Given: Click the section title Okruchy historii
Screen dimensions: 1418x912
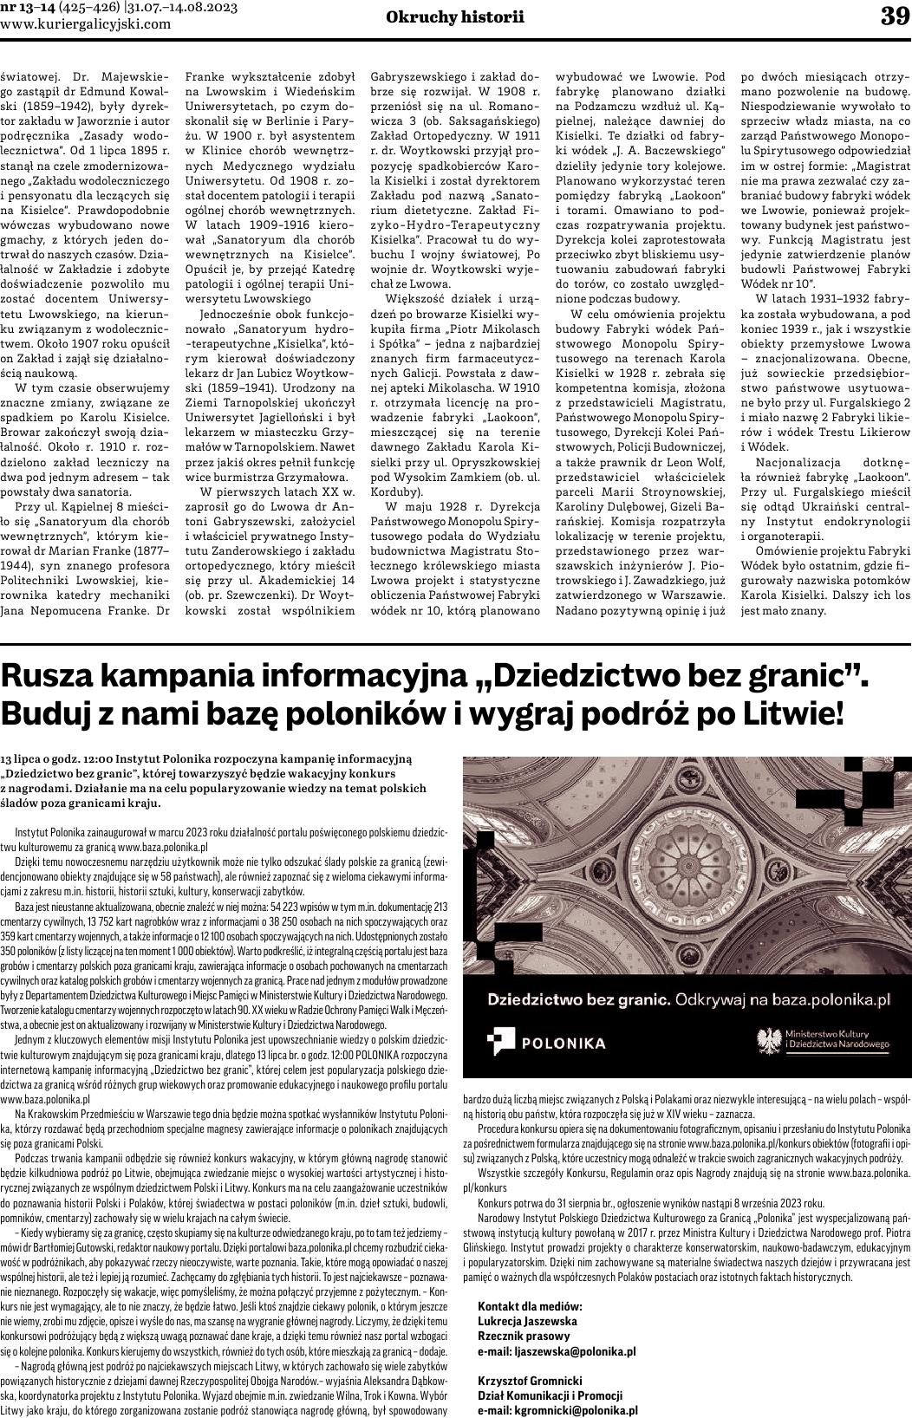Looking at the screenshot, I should [455, 17].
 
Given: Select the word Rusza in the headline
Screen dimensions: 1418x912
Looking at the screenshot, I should [53, 677].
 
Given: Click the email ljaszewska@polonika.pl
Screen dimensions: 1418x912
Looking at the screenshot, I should [557, 1351].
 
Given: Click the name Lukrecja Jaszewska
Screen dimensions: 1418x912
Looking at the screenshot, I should [527, 1322].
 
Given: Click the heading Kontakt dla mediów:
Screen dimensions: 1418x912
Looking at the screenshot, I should [530, 1307].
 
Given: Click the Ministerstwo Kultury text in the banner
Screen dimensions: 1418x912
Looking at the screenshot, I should [823, 1035].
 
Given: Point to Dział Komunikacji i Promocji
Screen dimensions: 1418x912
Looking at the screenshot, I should [550, 1395].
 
